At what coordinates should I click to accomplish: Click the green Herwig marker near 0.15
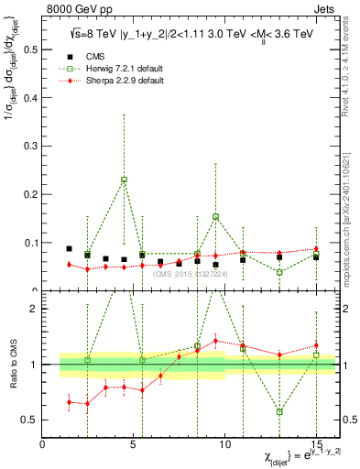coord(215,217)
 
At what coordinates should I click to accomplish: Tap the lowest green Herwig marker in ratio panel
coord(279,411)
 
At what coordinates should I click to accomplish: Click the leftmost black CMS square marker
coord(69,248)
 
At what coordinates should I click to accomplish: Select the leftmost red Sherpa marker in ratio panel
coord(69,401)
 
